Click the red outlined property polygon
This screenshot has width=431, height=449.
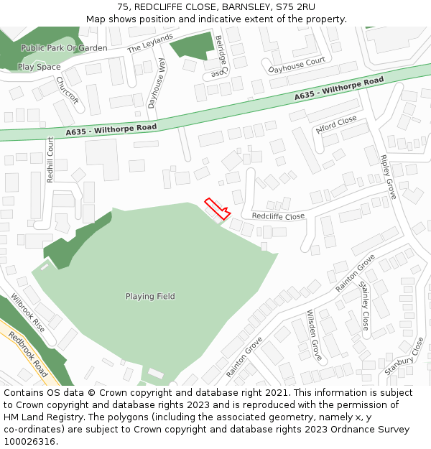[x=217, y=208]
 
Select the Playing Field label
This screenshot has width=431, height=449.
[x=150, y=296]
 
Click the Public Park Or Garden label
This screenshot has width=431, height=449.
[x=64, y=48]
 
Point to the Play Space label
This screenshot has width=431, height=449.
[x=39, y=67]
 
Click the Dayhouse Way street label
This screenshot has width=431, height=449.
[x=157, y=83]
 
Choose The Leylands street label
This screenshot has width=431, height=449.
[x=151, y=43]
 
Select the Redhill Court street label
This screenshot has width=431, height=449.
[x=50, y=159]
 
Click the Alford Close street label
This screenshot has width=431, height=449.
[x=336, y=124]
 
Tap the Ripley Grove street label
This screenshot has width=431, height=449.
[x=388, y=177]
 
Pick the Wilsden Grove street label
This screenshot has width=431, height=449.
[x=314, y=334]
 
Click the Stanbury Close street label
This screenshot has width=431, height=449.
[x=404, y=357]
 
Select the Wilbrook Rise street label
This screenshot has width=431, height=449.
[x=27, y=313]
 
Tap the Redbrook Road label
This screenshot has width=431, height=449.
[x=28, y=354]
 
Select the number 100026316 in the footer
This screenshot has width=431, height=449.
[x=29, y=442]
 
